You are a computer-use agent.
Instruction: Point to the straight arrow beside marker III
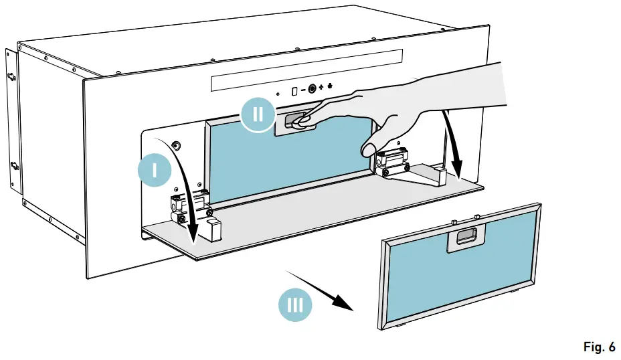[x=320, y=290]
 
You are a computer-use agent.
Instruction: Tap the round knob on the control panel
[x=312, y=88]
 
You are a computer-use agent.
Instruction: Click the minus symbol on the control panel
[x=302, y=88]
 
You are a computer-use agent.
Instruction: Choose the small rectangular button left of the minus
[x=294, y=88]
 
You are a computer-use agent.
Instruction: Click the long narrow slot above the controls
[x=306, y=70]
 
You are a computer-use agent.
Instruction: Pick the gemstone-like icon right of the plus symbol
[x=331, y=88]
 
